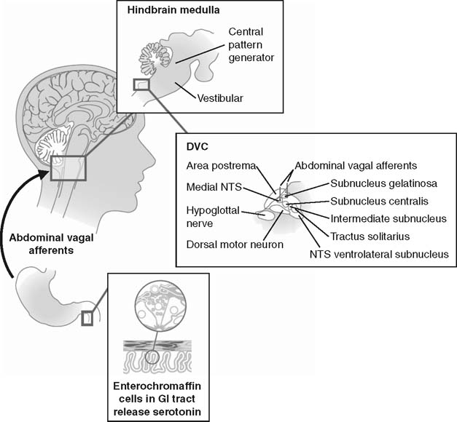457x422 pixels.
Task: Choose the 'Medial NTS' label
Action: [x=213, y=188]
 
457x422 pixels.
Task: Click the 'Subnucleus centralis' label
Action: [x=378, y=200]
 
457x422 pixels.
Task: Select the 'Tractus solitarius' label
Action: [x=370, y=236]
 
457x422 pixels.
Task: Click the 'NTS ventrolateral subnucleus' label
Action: [x=379, y=254]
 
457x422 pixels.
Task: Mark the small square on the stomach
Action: [x=87, y=318]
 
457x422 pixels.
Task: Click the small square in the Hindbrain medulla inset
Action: [x=141, y=84]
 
